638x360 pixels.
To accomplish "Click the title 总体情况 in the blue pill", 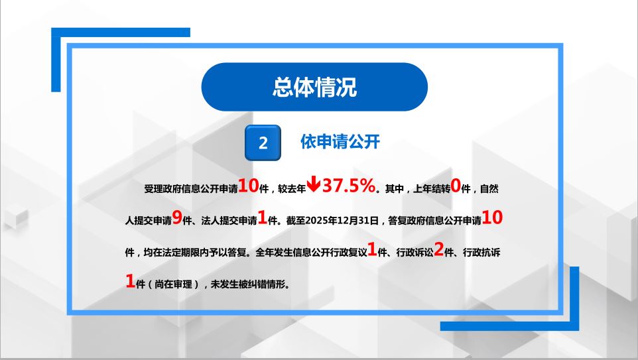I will (314, 87).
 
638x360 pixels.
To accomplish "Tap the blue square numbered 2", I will (263, 143).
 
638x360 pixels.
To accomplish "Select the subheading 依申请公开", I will (340, 141).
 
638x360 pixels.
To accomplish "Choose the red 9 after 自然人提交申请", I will (176, 217).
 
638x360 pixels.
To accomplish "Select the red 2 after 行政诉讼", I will (438, 250).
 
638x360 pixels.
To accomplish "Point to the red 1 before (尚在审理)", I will (130, 281).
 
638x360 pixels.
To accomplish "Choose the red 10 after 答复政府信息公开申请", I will (493, 217).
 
